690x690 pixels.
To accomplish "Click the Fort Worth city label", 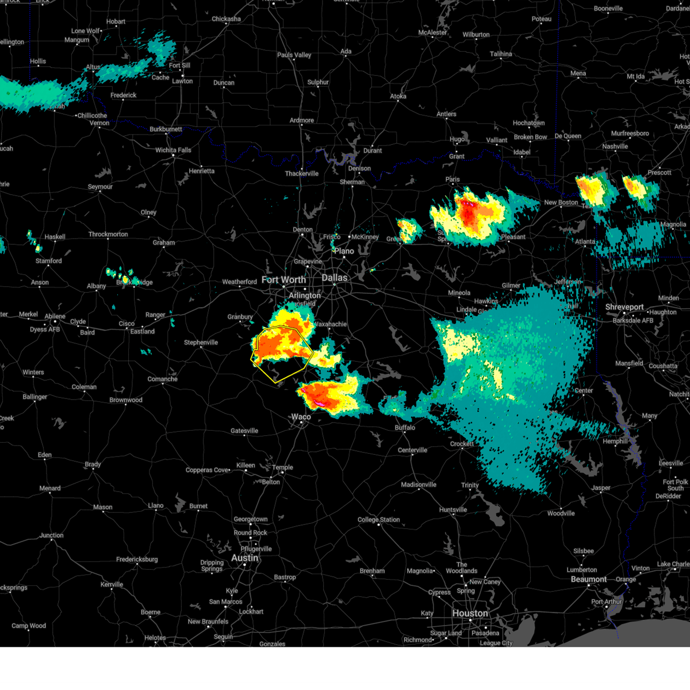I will point(283,280).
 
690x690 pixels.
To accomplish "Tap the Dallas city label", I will point(334,278).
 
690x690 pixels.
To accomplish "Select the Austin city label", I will point(245,558).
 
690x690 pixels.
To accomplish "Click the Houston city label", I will point(470,614).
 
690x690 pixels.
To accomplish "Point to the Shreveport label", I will point(624,308).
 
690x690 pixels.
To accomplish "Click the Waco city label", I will point(301,417).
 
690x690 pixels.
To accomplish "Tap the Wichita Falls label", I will point(173,150).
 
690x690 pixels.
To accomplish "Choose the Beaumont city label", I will point(588,580).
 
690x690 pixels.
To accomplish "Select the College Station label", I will point(378,520).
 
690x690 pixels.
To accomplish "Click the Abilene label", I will point(55,317).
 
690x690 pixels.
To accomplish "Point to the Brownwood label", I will point(125,400).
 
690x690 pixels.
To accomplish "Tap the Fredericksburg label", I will point(137,559).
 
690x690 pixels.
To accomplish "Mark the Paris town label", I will point(453,179).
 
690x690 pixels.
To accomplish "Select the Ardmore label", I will point(302,121).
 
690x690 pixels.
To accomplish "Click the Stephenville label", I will point(201,343).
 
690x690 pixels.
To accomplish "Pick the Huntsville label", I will point(453,510).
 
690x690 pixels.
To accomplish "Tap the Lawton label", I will point(182,81).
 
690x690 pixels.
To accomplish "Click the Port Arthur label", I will point(606,602).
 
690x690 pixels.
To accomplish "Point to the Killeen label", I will point(246,465).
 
